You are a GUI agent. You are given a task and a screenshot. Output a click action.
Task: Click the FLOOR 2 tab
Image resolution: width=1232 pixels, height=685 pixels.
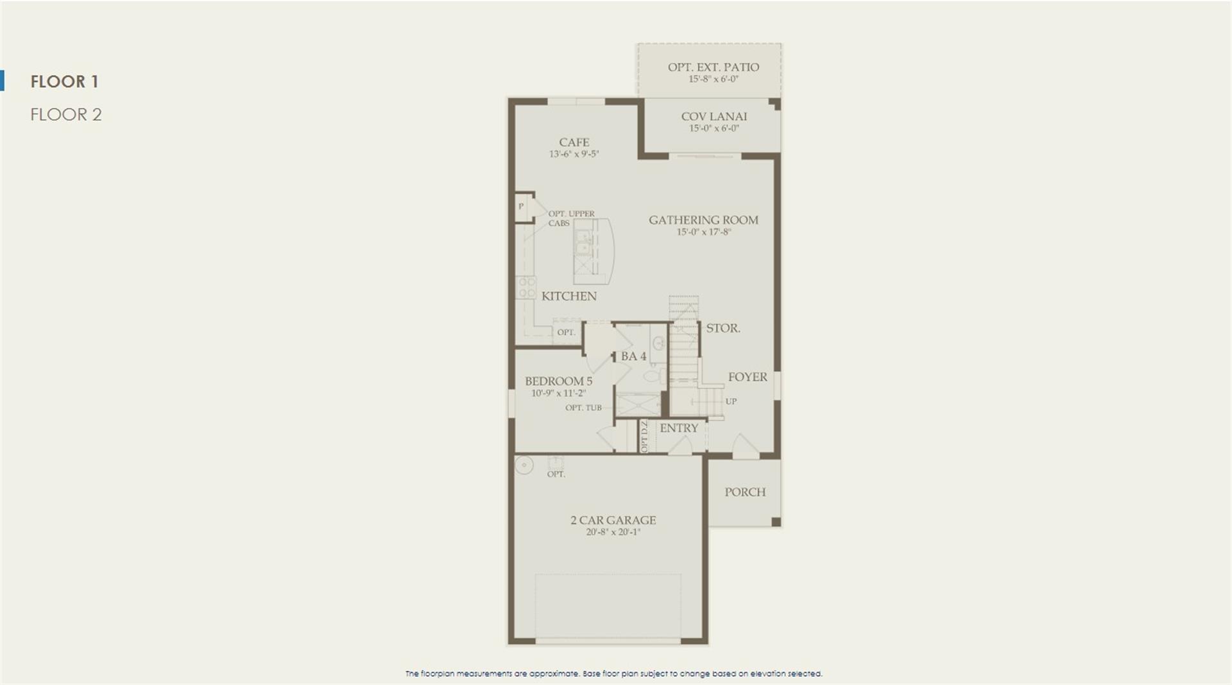[x=66, y=114]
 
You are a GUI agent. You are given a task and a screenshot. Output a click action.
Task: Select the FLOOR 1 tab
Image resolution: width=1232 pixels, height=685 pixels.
[x=64, y=82]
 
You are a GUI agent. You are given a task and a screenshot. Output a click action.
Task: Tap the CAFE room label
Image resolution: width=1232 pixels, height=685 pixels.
[x=574, y=143]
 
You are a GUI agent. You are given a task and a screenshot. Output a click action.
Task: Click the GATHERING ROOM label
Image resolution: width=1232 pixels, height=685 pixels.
[x=703, y=220]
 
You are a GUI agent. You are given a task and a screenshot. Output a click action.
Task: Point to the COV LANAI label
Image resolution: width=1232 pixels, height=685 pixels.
[x=714, y=116]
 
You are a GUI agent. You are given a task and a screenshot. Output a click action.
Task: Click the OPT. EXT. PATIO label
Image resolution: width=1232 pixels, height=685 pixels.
[x=714, y=67]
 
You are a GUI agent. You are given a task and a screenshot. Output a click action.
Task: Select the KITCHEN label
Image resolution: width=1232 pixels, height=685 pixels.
[x=569, y=296]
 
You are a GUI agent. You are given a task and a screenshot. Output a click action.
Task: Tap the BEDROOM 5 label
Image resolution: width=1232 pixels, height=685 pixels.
[x=558, y=381]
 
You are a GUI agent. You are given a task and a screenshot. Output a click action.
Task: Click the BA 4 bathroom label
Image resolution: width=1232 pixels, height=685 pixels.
[x=633, y=356]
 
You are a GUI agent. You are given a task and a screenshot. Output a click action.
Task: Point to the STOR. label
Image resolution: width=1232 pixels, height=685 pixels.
[x=723, y=328]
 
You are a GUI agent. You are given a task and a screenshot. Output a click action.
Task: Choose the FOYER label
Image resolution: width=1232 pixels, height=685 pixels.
[x=748, y=377]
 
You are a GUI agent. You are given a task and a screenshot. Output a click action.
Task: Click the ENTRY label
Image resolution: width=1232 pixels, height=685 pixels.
[x=679, y=428]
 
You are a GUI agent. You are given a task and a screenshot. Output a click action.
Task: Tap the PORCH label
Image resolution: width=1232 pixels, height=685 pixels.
[x=745, y=492]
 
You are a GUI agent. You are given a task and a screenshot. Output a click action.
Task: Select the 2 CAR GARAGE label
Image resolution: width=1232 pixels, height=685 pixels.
[x=613, y=520]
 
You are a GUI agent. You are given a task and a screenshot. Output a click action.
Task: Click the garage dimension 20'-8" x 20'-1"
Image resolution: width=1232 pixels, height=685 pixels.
[x=613, y=532]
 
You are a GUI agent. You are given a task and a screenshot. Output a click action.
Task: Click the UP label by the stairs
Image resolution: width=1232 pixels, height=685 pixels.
[x=731, y=401]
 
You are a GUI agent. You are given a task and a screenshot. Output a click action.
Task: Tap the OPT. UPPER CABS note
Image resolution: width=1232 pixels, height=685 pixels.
[x=571, y=218]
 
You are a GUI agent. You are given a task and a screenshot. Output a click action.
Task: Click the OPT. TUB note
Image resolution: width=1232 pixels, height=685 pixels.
[x=583, y=408]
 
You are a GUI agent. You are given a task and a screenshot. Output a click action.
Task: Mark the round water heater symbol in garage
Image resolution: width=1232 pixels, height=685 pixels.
[x=524, y=465]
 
